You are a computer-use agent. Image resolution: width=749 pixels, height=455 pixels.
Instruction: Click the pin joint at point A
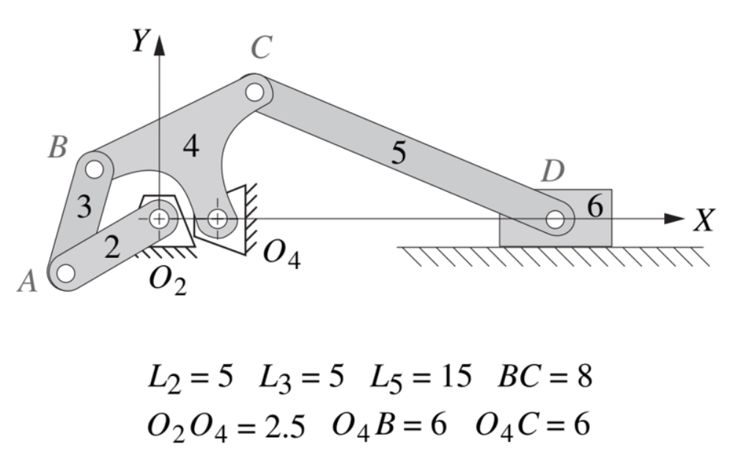65,273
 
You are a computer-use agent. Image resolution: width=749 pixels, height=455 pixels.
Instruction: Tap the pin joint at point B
94,169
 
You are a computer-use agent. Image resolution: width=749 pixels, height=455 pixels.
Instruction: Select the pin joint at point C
255,92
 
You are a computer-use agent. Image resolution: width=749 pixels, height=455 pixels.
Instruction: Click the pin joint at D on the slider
555,218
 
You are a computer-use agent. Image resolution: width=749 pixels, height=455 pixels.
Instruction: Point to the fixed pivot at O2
159,218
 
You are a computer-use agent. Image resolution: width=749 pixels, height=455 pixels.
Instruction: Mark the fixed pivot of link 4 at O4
218,218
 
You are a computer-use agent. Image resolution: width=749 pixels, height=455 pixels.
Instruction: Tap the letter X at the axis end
704,220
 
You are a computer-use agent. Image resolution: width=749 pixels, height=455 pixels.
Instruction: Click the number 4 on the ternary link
191,147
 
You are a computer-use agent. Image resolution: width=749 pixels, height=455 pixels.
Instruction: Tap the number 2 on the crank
111,248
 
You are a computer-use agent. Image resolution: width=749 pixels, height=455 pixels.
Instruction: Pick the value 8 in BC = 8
582,378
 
